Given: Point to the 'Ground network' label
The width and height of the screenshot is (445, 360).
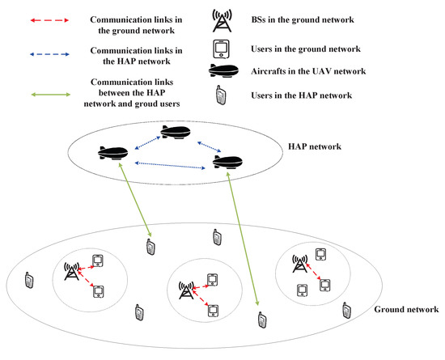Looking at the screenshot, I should (x=406, y=310).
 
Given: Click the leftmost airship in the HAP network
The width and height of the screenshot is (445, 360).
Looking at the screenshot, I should (x=112, y=153).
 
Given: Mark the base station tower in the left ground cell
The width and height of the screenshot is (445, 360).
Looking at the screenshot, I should (x=70, y=272).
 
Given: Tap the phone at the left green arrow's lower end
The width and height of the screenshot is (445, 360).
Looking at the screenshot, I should (x=150, y=248).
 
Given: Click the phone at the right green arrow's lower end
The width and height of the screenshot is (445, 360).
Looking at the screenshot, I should (x=261, y=320).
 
